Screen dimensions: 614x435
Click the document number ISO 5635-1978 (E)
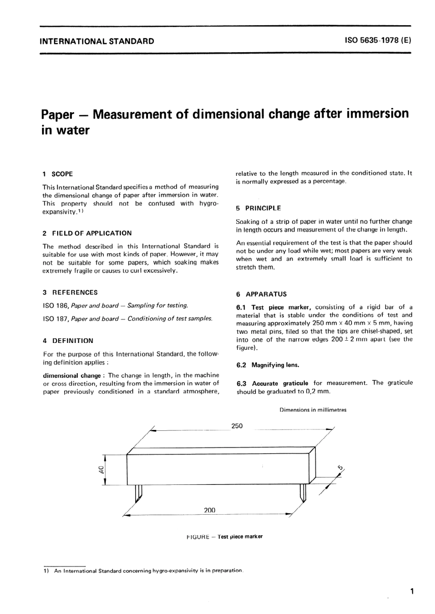tap(378, 40)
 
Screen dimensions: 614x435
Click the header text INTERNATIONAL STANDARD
tap(97, 41)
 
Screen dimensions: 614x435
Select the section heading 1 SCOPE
tap(58, 174)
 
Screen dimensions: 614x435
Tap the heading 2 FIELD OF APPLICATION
tap(87, 233)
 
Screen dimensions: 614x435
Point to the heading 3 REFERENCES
tap(70, 293)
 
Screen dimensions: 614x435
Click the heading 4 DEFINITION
tap(68, 341)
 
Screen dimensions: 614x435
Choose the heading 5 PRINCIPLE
tap(259, 208)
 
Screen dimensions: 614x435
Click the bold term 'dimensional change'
tap(72, 375)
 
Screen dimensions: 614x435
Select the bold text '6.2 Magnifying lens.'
tap(268, 365)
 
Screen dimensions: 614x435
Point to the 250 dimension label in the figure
tap(237, 426)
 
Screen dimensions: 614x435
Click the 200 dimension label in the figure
tap(209, 510)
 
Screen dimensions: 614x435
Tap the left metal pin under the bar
tap(139, 492)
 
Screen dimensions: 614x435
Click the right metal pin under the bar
tap(302, 492)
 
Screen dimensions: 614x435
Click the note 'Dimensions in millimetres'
tap(313, 410)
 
